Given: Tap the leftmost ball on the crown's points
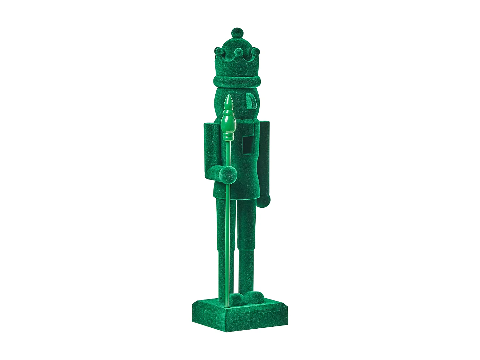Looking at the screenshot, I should (x=218, y=51).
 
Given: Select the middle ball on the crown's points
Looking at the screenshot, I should (x=238, y=52).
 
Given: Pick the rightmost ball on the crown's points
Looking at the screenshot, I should (x=255, y=51).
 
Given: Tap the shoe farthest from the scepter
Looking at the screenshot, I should (x=255, y=296).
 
